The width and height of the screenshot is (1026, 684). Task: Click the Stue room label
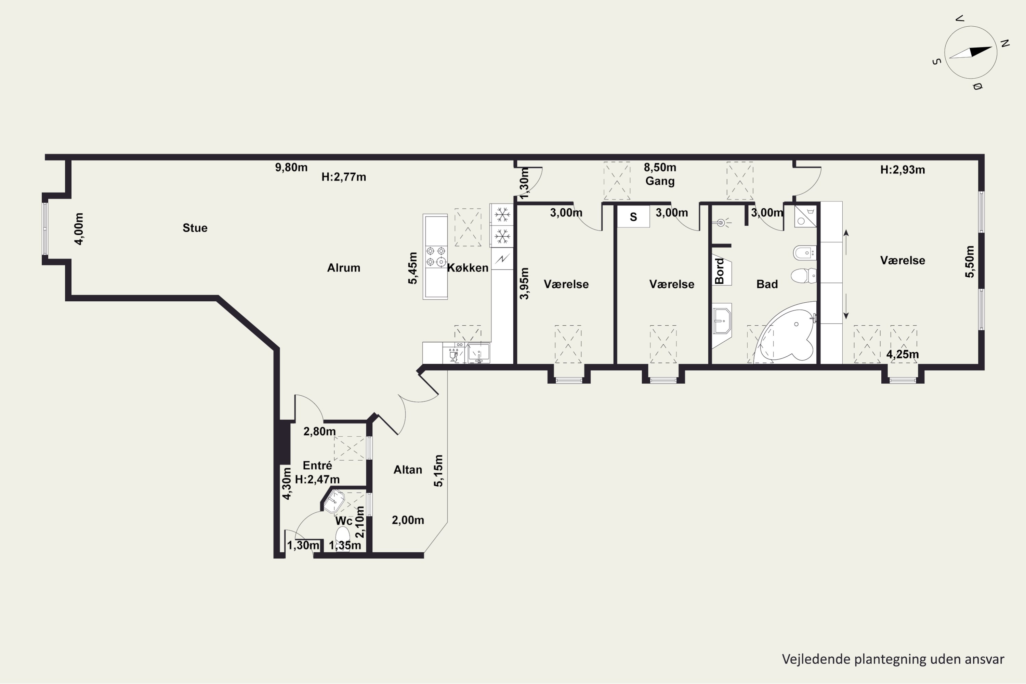coord(195,228)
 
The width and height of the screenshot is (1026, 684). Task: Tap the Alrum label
coord(344,268)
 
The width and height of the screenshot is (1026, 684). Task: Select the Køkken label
coord(468,268)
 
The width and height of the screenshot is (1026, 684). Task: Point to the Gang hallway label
coord(660,181)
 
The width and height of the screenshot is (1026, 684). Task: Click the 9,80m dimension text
coord(291,168)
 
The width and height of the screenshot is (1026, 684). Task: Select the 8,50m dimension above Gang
coord(660,168)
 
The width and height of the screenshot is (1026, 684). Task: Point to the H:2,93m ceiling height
coord(903,170)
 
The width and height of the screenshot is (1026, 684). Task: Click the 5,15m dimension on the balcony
coord(438,471)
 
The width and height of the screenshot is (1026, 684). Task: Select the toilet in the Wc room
coord(343,537)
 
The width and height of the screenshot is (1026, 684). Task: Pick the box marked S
coord(633,216)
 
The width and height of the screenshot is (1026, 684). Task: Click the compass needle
coord(970,52)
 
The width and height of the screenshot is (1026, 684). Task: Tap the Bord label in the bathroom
coord(719,271)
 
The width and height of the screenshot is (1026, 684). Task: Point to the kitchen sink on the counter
coord(478,353)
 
